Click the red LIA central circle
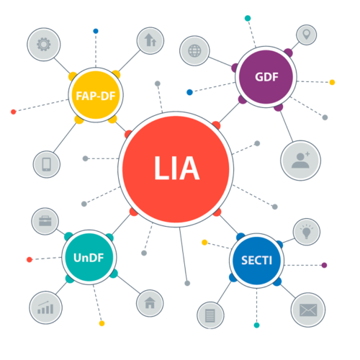[176, 169]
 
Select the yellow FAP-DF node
[96, 95]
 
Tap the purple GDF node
[266, 77]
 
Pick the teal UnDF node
[89, 257]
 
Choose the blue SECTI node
[256, 261]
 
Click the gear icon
[44, 45]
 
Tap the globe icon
[194, 51]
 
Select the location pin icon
[306, 35]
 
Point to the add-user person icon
[300, 160]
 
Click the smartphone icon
[47, 164]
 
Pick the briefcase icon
[45, 221]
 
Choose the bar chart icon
[45, 307]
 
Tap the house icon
[150, 303]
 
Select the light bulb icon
[307, 232]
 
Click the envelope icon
[308, 310]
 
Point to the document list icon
[210, 315]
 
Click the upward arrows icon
[150, 40]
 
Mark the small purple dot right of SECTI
[324, 265]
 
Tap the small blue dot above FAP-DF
[96, 31]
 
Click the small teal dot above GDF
[248, 18]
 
